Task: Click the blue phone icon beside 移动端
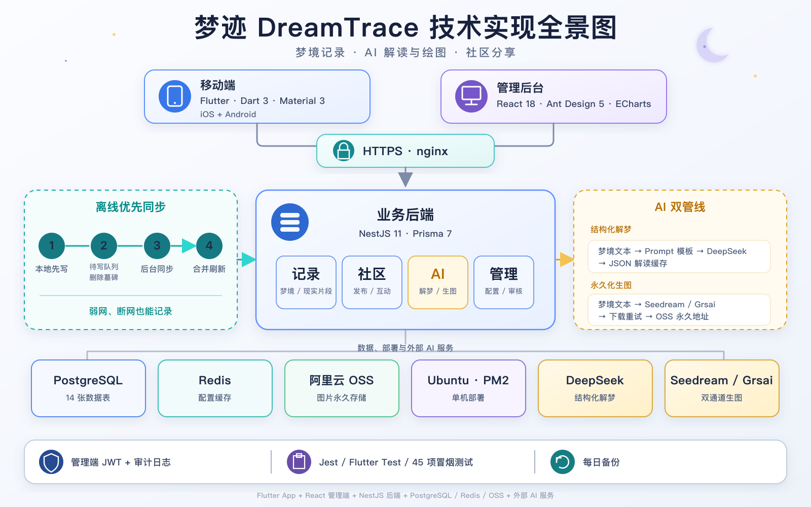point(174,96)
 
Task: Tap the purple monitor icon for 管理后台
point(471,96)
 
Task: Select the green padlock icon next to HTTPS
point(343,151)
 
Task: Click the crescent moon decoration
point(712,45)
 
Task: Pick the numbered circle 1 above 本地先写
point(52,246)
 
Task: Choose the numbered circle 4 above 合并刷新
point(209,246)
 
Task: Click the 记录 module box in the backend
point(306,282)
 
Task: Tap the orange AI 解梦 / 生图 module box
point(438,282)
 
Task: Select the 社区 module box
point(372,282)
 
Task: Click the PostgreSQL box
point(88,388)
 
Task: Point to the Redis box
point(215,388)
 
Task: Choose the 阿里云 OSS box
point(342,388)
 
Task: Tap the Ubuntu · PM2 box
point(468,388)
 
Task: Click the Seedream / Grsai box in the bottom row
point(722,388)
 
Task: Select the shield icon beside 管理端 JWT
point(51,462)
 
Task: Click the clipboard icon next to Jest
point(299,462)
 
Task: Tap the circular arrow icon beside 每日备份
point(562,462)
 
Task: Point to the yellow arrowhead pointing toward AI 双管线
point(567,259)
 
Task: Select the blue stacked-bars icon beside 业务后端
point(290,222)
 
